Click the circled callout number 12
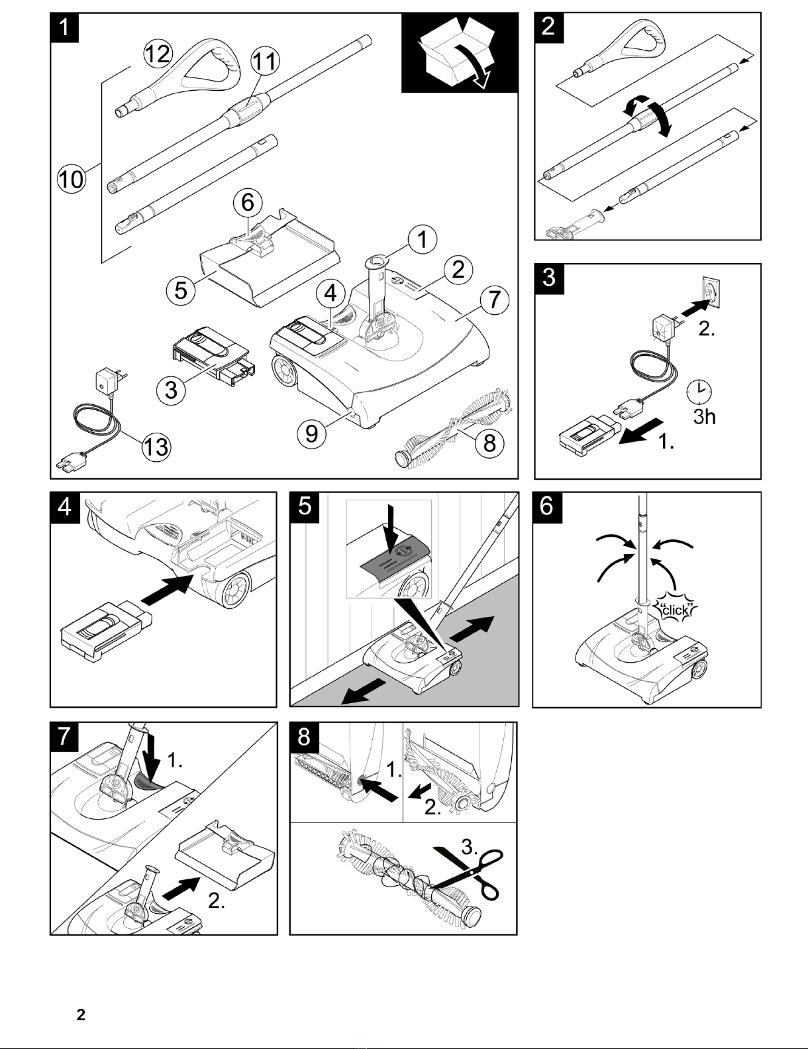(158, 53)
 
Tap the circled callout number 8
(489, 442)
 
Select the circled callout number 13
(156, 447)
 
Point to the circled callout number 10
(71, 179)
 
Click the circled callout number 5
(181, 290)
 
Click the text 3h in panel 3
(704, 417)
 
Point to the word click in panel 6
(676, 609)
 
